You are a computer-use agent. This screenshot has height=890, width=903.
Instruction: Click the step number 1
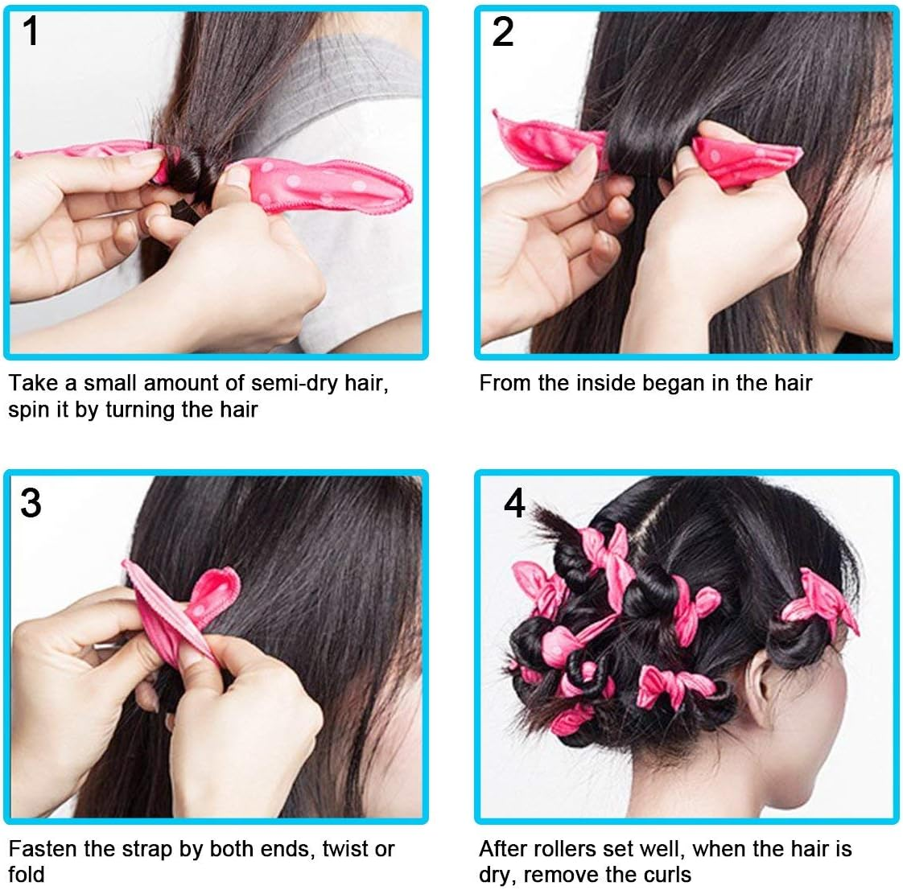coord(31,32)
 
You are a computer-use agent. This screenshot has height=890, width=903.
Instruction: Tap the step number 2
coord(502,32)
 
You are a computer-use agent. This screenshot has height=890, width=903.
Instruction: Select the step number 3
coord(31,503)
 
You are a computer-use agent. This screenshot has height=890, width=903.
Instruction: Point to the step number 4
coord(514,504)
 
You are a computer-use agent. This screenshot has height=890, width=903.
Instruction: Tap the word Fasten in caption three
coord(43,849)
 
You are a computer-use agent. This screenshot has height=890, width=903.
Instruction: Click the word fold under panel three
coord(27,875)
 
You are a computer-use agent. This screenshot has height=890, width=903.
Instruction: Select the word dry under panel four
coord(496,875)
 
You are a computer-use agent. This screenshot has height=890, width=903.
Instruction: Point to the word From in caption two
coord(505,382)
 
